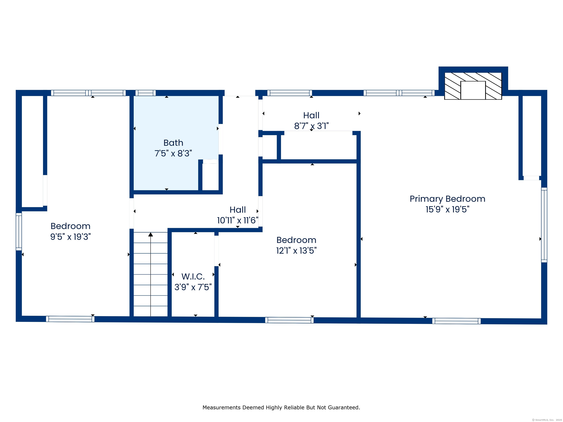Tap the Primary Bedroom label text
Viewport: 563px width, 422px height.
[447, 199]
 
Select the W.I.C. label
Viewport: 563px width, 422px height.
[193, 277]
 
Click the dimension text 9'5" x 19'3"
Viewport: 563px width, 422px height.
[71, 237]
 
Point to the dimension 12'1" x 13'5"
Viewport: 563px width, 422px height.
[296, 251]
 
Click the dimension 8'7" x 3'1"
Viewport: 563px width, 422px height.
[311, 126]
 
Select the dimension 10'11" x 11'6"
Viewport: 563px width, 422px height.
[238, 220]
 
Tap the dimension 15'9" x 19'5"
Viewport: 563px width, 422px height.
[447, 209]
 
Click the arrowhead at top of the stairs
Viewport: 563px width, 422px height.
[151, 234]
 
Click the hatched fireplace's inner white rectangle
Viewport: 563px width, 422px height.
[473, 90]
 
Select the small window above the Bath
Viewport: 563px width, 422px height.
[145, 93]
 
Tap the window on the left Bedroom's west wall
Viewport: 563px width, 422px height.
[19, 232]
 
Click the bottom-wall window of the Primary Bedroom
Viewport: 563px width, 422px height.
[456, 321]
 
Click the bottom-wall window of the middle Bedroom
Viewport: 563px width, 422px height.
[289, 320]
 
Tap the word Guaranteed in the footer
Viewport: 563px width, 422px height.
[344, 408]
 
